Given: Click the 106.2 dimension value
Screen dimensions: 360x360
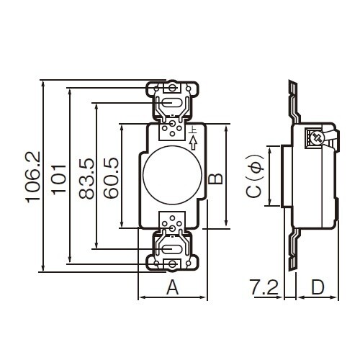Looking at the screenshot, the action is (x=33, y=177).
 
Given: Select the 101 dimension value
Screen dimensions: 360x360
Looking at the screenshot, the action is (x=58, y=179).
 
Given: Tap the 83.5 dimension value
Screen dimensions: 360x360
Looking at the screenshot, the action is (x=86, y=179).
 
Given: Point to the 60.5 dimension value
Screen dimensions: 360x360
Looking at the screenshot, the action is (x=111, y=178).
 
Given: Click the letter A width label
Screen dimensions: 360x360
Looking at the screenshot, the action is (x=173, y=288).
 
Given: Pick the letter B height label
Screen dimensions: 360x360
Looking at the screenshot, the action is (x=215, y=179).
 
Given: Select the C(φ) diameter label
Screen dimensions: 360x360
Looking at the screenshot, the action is (x=255, y=176).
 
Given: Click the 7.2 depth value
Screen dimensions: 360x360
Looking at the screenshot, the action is (x=264, y=287).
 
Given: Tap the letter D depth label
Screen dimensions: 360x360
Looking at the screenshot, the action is (x=318, y=287).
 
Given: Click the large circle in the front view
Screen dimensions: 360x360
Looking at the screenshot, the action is (x=172, y=175).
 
